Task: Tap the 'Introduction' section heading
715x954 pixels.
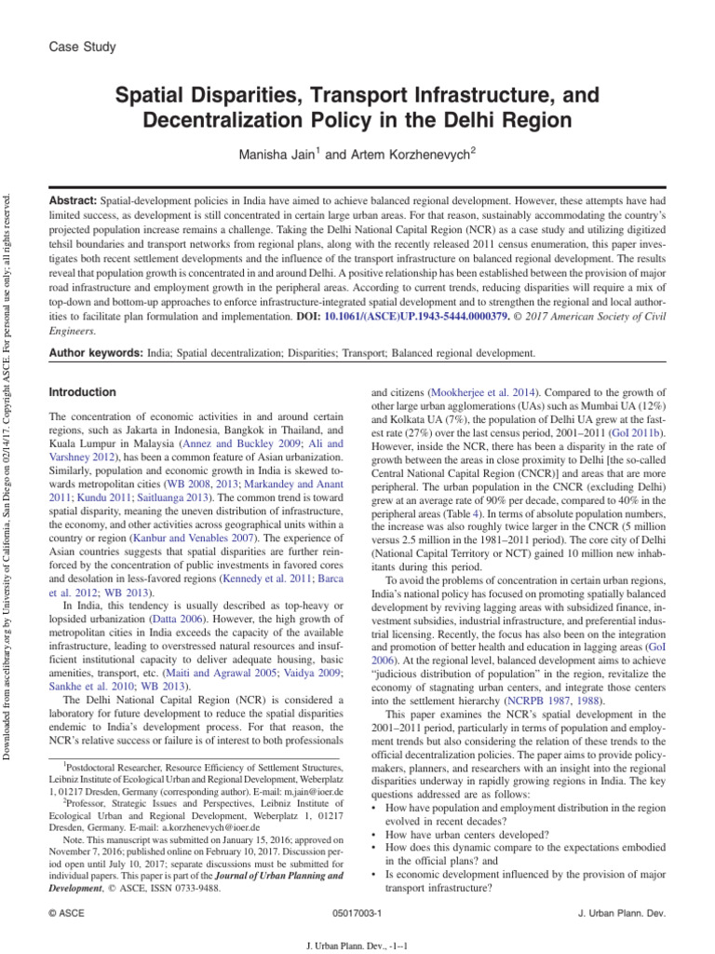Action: coord(83,392)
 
